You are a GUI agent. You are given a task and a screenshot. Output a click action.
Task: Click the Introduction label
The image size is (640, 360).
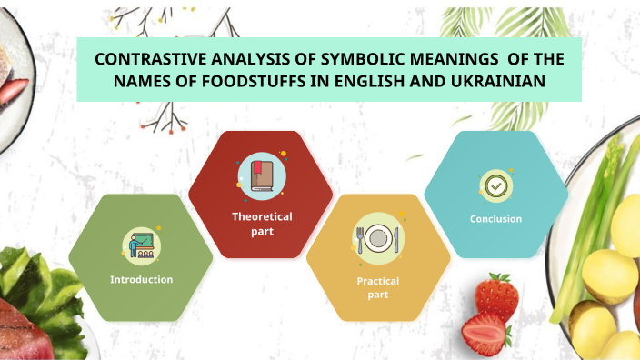coord(141,279)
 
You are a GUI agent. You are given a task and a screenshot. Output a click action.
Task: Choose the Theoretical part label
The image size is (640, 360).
coord(262,224)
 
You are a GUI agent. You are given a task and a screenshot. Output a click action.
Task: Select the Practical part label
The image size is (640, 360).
coord(377,287)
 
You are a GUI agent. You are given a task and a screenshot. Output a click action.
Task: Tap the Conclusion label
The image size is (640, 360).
coord(495,218)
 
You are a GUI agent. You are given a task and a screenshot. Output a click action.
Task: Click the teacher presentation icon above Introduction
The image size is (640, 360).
coord(142,243)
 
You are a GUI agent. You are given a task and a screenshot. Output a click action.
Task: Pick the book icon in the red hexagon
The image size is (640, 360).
coord(261,176)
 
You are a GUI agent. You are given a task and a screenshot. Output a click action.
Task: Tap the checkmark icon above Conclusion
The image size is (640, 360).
coord(495,185)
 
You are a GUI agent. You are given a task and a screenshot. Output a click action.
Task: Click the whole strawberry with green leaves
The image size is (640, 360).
coord(497,295)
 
